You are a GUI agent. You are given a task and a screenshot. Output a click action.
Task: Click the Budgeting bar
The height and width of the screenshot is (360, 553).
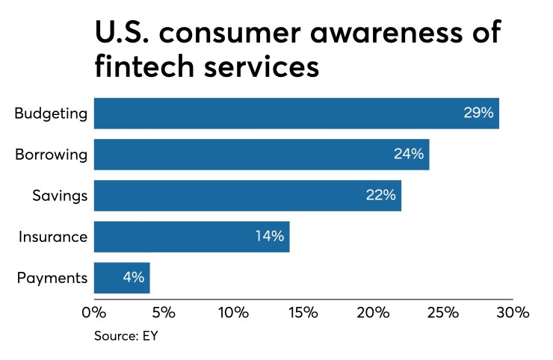[296, 114]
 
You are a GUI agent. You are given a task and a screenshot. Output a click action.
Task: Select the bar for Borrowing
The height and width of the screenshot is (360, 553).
[262, 155]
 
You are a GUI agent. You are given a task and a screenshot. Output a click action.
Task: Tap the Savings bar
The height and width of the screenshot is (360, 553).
[247, 196]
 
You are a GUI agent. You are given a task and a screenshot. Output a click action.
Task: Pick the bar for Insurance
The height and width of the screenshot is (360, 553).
[191, 237]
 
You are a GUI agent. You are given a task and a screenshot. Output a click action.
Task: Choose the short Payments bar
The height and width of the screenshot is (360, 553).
[122, 278]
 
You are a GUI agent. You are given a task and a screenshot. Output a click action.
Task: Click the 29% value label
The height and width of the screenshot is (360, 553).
[478, 114]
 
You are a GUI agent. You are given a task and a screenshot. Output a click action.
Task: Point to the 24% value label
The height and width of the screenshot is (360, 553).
[409, 155]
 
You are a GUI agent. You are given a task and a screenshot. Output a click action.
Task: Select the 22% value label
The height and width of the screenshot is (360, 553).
[380, 196]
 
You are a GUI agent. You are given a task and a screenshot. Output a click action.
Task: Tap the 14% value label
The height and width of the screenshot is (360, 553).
[269, 237]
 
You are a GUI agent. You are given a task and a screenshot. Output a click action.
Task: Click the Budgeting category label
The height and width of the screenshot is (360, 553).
[52, 114]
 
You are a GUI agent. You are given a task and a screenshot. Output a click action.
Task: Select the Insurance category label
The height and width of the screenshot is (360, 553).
[53, 237]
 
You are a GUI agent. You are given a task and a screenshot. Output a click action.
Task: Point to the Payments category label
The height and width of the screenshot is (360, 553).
[52, 278]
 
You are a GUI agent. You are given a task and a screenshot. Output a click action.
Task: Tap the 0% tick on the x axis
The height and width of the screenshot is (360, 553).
[94, 312]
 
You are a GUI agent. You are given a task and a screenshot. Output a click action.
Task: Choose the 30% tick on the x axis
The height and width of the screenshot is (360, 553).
[513, 312]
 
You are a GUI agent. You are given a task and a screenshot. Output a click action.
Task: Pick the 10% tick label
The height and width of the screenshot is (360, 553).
[233, 312]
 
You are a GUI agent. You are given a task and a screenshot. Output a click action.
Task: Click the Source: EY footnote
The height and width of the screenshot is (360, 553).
[126, 336]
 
